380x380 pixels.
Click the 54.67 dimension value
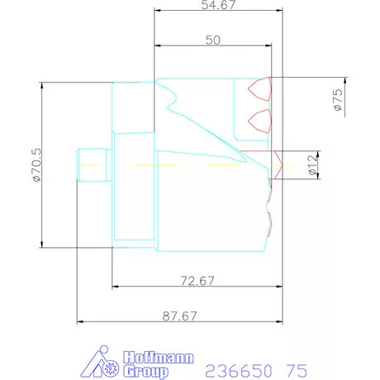[x=218, y=5]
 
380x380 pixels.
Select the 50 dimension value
[x=213, y=40]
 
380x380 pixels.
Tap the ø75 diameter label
[x=338, y=100]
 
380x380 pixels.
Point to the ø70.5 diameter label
[x=36, y=165]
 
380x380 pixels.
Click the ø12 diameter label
[x=312, y=164]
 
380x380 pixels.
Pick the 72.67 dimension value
[x=197, y=281]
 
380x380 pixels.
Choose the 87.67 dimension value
[x=179, y=316]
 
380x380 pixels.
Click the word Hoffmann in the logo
[x=159, y=358]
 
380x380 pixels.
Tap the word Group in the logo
[x=145, y=372]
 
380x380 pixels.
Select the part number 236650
[x=239, y=371]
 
